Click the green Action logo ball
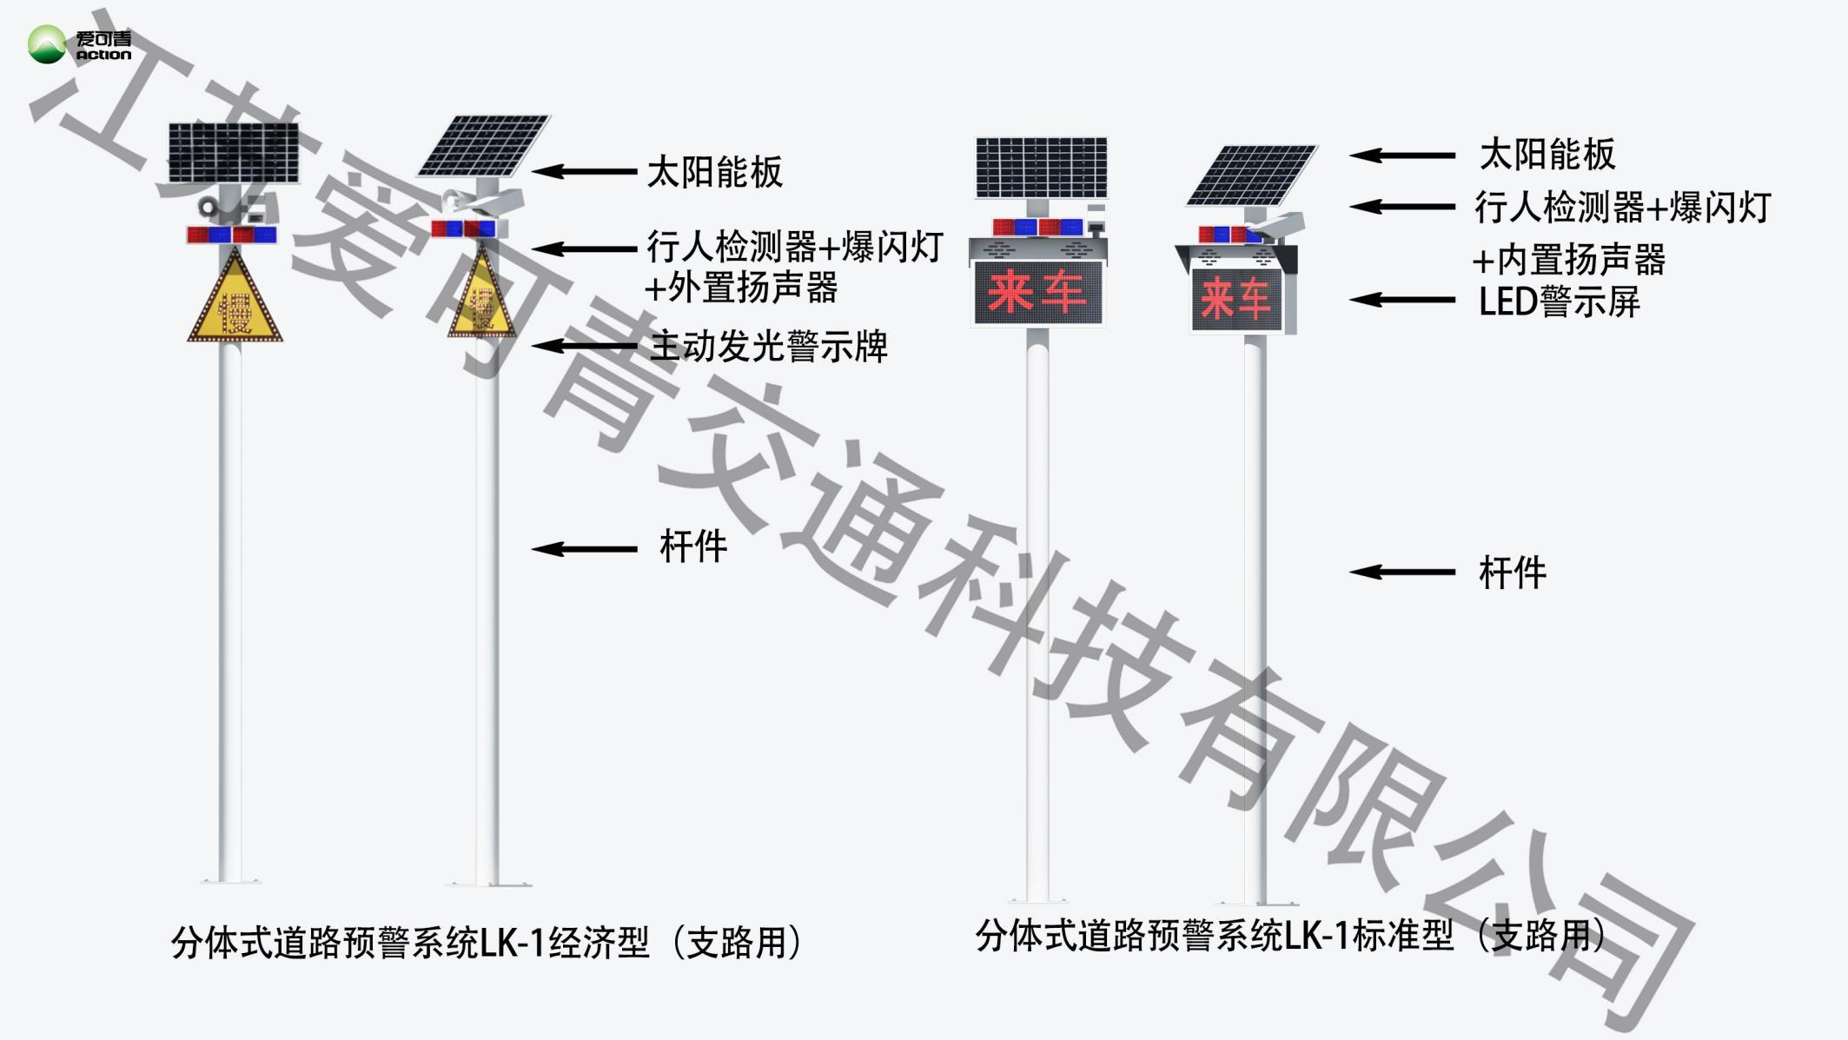tap(46, 44)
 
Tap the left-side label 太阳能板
tap(714, 172)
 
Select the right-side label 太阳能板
tap(1547, 155)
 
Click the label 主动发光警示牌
tap(769, 347)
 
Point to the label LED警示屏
tap(1559, 301)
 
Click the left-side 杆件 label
tap(692, 547)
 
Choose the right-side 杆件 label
tap(1512, 573)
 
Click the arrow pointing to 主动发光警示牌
tap(584, 346)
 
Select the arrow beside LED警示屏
tap(1401, 301)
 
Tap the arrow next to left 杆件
tap(584, 549)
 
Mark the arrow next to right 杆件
tap(1401, 572)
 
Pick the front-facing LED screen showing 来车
tap(1037, 292)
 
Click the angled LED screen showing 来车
tap(1235, 299)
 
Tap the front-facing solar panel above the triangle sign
tap(233, 153)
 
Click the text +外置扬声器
tap(741, 288)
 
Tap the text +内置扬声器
tap(1568, 259)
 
